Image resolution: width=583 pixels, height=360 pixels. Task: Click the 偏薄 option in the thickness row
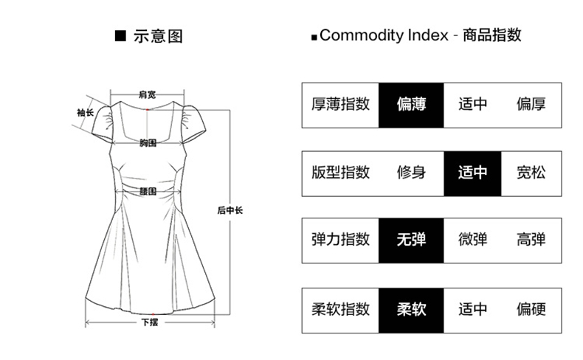410,105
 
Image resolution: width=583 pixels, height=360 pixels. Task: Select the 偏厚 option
531,105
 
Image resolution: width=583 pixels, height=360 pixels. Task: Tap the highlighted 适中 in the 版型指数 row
472,173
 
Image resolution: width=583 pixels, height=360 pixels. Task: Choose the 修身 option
410,173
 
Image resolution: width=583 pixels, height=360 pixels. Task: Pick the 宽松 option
531,173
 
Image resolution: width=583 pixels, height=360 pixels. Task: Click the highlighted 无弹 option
410,240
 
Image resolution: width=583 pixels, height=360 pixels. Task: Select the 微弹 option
472,240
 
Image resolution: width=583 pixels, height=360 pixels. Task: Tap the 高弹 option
531,240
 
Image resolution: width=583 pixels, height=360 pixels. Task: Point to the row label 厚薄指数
340,105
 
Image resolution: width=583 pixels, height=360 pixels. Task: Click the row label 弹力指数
340,240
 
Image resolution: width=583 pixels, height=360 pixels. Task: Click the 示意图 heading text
157,35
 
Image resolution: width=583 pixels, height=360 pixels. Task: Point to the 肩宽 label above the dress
147,94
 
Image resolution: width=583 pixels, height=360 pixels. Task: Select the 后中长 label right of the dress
230,211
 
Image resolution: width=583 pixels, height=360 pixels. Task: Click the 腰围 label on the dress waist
148,190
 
